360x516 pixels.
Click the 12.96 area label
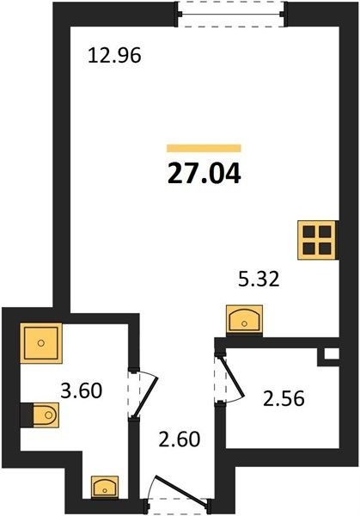point(115,55)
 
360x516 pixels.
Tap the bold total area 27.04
point(204,174)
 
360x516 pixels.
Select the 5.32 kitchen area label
point(259,279)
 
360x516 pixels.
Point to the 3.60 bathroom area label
point(82,390)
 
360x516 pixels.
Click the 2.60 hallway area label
point(180,439)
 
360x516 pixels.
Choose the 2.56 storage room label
point(284,398)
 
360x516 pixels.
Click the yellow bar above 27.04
point(204,149)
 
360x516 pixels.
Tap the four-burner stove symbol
point(316,240)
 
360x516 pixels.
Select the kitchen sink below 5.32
point(244,319)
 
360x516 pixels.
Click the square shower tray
point(41,343)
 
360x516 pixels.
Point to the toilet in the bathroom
point(46,415)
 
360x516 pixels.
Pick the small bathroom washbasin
point(105,488)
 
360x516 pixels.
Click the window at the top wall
point(231,14)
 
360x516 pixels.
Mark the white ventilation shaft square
point(332,353)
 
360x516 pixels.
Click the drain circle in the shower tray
point(41,343)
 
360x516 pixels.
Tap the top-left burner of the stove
point(308,231)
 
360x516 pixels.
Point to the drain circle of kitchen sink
point(244,324)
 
